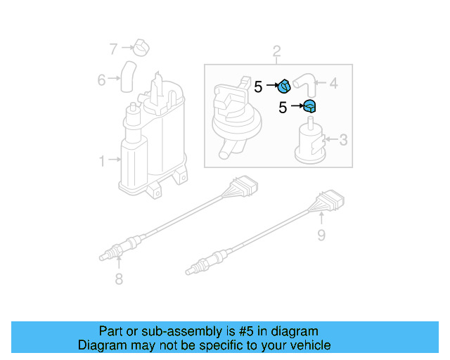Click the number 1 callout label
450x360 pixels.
pyautogui.click(x=102, y=161)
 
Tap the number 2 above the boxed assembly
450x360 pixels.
pyautogui.click(x=276, y=51)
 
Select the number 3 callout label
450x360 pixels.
pyautogui.click(x=342, y=141)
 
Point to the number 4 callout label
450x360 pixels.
pyautogui.click(x=333, y=84)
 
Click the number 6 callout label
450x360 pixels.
pyautogui.click(x=102, y=79)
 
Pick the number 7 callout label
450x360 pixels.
pyautogui.click(x=113, y=49)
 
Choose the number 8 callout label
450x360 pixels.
pyautogui.click(x=118, y=280)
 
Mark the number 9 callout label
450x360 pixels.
pyautogui.click(x=321, y=234)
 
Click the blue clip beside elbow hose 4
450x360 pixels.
pyautogui.click(x=284, y=86)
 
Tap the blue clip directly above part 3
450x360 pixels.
pyautogui.click(x=309, y=107)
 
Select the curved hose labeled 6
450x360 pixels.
pyautogui.click(x=127, y=76)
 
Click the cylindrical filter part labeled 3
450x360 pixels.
pyautogui.click(x=309, y=143)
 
